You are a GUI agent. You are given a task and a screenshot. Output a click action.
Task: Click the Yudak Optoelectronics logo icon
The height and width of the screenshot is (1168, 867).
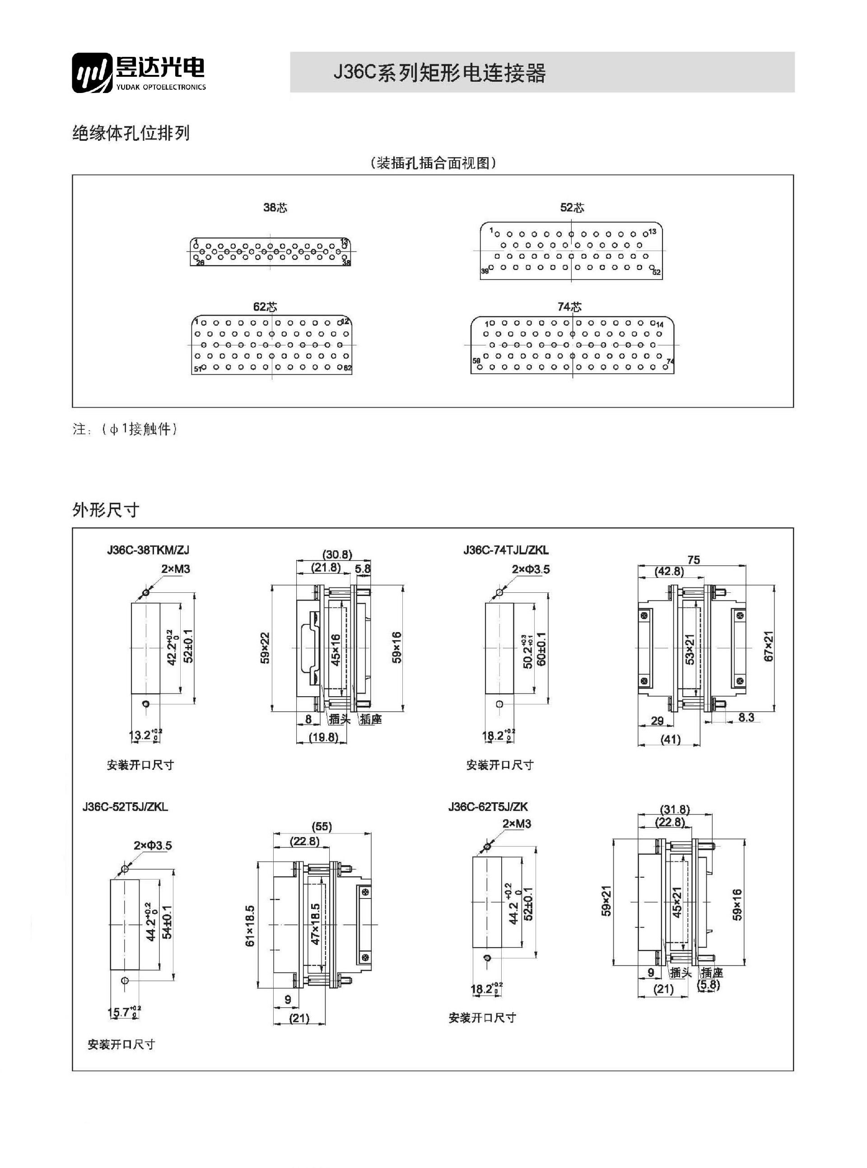tap(93, 73)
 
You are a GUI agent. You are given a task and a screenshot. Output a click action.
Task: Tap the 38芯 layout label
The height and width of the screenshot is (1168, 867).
tap(275, 208)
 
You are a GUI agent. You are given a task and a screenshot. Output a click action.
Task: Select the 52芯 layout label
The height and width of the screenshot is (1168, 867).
tap(572, 208)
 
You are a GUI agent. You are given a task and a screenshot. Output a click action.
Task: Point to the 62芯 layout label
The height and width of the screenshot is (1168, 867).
tap(265, 307)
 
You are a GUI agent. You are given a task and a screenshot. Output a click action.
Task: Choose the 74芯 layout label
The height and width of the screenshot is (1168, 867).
tap(569, 307)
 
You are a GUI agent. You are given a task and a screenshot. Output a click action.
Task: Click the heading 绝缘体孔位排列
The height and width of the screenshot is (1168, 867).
tap(131, 133)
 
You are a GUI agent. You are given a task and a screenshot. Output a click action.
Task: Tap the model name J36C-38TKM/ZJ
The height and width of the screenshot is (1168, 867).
tap(148, 550)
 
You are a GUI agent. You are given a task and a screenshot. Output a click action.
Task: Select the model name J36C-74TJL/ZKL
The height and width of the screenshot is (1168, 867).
tap(505, 550)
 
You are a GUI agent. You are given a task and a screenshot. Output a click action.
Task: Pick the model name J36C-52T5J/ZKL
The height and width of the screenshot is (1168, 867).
tap(125, 806)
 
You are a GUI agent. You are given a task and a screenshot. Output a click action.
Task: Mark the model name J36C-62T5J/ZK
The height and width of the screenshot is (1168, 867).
tap(488, 806)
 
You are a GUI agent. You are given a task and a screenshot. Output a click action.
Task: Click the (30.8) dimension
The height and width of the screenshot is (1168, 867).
tap(337, 554)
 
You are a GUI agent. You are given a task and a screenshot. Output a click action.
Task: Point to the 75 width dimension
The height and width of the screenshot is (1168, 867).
tap(693, 560)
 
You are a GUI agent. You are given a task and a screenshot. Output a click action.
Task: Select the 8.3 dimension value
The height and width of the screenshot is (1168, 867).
tap(746, 717)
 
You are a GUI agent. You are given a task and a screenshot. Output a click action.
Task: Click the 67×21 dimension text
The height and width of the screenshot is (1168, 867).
tap(769, 647)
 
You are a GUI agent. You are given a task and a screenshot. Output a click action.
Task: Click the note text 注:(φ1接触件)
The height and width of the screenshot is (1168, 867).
tap(125, 429)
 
